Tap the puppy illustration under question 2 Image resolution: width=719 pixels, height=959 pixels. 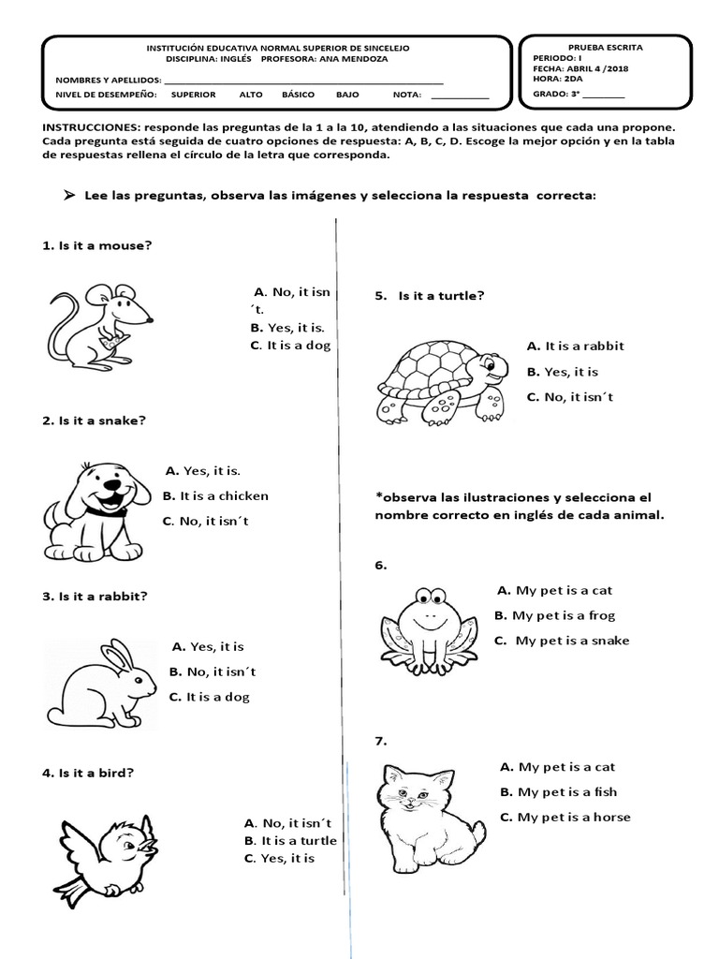tap(94, 508)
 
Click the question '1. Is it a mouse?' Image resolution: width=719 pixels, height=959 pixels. tap(97, 245)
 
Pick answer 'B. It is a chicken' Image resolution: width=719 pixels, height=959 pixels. tap(215, 495)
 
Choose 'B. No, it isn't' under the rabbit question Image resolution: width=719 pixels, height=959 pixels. tap(213, 671)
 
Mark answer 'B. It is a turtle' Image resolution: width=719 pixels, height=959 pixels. tap(289, 840)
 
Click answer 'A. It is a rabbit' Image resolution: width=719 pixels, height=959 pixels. tap(575, 346)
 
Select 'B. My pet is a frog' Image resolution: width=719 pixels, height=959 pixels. tap(554, 615)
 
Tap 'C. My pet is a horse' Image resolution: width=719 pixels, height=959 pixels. tap(565, 817)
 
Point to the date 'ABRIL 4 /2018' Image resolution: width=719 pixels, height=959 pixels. tap(590, 68)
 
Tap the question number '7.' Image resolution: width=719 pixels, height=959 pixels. tap(381, 741)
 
